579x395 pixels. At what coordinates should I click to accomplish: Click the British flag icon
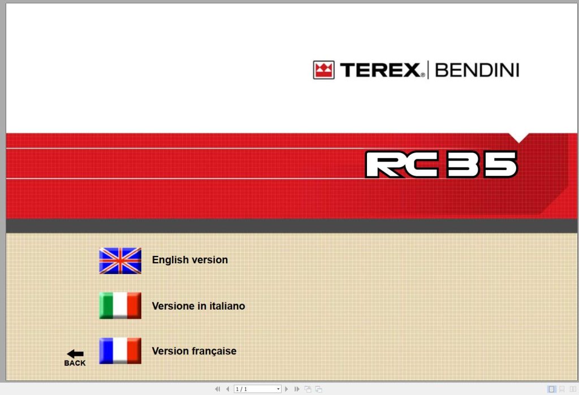point(120,261)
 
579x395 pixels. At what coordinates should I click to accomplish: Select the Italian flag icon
point(120,306)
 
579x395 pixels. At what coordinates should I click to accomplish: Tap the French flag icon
point(120,351)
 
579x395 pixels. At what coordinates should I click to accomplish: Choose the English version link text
point(190,260)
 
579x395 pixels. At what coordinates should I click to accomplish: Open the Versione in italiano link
point(198,306)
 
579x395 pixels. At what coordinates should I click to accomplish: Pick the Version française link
point(194,351)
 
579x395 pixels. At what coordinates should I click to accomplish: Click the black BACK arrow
point(75,354)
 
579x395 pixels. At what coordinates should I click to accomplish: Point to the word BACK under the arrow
point(75,363)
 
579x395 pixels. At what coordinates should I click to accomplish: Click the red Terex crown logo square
point(324,70)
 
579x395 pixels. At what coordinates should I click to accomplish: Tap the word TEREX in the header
point(380,71)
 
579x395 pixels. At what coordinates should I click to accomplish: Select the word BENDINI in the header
point(477,71)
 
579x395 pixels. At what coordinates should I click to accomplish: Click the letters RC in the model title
point(402,164)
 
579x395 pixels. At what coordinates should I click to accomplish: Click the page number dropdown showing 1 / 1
point(258,389)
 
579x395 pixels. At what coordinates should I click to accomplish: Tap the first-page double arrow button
point(217,389)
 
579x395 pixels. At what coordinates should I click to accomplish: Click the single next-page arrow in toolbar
point(287,389)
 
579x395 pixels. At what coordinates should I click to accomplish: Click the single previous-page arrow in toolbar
point(227,389)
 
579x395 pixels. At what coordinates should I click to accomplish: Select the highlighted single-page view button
point(551,389)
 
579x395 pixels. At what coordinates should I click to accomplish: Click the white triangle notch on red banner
point(518,137)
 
